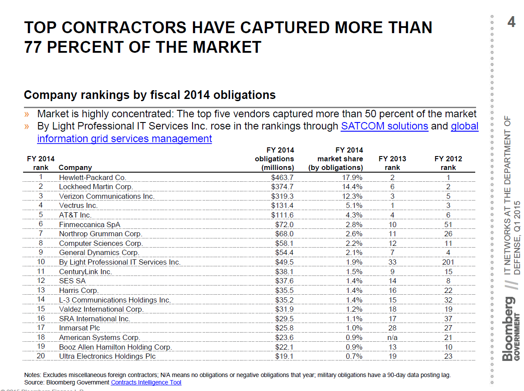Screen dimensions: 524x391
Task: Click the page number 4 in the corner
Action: tap(511, 22)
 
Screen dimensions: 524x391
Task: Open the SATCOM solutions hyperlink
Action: tap(384, 126)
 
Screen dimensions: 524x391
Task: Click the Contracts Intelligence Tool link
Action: tap(146, 382)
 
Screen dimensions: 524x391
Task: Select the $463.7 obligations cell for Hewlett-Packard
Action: tap(282, 177)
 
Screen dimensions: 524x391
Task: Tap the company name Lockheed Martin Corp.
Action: tap(96, 187)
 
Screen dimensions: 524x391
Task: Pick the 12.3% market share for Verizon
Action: tap(352, 196)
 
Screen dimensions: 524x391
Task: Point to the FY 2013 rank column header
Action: tap(392, 163)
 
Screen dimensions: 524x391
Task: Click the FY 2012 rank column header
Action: tap(448, 163)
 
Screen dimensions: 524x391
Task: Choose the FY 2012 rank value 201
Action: tap(448, 262)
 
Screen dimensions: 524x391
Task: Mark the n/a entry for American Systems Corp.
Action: tap(392, 337)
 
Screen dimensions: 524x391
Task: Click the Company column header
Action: tap(75, 167)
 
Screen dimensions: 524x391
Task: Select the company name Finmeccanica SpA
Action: tap(90, 224)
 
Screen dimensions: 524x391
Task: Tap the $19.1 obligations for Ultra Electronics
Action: tap(284, 356)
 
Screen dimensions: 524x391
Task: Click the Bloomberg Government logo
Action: tap(511, 329)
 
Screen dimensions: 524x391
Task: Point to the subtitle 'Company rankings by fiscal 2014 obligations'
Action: tap(150, 95)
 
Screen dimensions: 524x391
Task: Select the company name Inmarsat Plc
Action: tap(79, 328)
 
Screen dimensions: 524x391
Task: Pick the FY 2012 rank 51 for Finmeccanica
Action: tap(448, 224)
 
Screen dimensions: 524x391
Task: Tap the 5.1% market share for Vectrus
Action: tap(354, 205)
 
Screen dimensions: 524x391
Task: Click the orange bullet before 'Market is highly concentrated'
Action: tap(27, 114)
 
